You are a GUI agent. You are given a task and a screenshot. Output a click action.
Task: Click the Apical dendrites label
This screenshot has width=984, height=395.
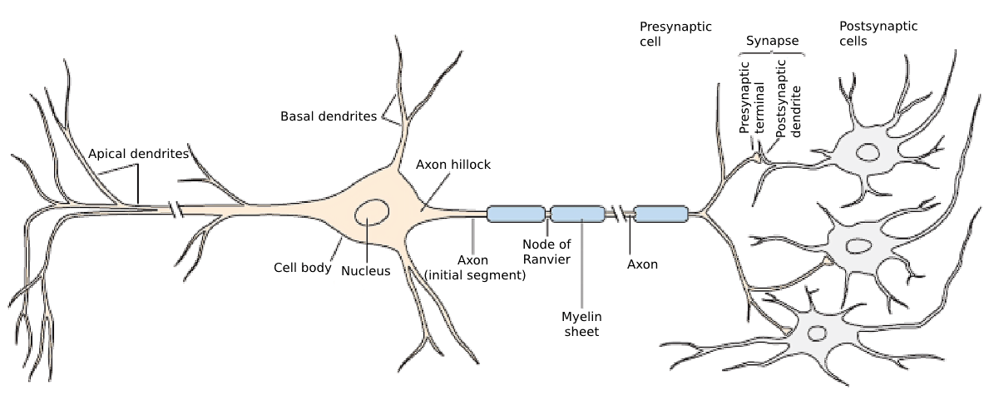click(139, 154)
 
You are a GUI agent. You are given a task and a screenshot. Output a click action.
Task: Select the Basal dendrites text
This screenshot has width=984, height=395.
click(328, 116)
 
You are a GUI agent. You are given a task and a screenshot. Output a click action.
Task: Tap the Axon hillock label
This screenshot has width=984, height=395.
click(453, 165)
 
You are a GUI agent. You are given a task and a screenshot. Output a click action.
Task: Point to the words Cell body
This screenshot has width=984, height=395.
click(303, 268)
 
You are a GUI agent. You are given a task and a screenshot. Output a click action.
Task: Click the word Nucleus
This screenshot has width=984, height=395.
click(365, 270)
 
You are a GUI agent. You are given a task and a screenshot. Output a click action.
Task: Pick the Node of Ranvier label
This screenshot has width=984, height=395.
click(546, 251)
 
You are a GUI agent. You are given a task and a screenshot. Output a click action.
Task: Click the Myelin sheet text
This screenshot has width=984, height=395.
click(581, 323)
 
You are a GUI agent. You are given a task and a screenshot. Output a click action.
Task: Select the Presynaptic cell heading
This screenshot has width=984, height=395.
click(675, 33)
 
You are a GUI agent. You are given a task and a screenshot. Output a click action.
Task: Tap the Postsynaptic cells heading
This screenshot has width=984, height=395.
click(878, 33)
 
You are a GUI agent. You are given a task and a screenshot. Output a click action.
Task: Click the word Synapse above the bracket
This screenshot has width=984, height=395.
click(772, 40)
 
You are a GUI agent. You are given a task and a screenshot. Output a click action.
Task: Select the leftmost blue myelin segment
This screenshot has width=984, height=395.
click(515, 214)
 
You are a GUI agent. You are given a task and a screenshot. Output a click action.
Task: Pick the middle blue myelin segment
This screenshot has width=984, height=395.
click(578, 214)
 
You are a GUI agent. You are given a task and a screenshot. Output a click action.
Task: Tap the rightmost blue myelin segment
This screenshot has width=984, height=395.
click(660, 214)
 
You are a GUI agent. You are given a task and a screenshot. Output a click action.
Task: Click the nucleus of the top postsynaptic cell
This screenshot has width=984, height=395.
click(869, 153)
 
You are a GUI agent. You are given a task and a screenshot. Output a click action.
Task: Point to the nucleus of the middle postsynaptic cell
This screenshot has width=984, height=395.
click(858, 244)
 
